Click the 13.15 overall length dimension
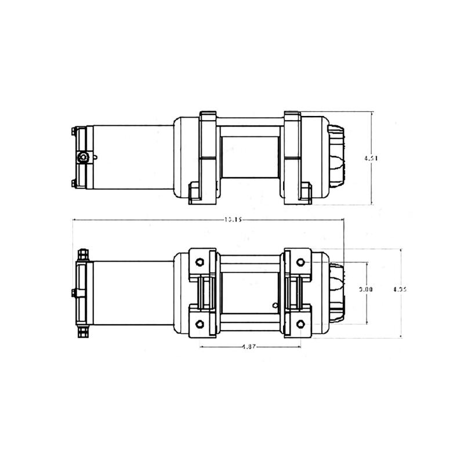pos(231,219)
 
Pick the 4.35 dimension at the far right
pos(400,289)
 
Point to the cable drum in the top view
pos(251,158)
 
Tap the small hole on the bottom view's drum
pos(275,303)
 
